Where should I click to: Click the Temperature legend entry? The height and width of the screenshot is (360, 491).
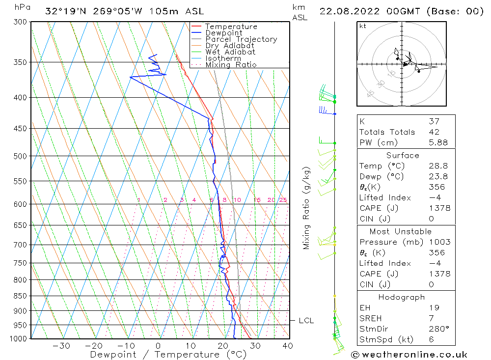click(231, 27)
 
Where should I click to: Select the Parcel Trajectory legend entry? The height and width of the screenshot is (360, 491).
click(241, 39)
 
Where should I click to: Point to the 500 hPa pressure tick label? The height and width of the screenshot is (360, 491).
click(21, 156)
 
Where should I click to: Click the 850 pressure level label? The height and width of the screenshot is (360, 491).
click(21, 296)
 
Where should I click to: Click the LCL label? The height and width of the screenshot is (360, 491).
click(306, 321)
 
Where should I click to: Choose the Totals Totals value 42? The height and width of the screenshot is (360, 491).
click(434, 132)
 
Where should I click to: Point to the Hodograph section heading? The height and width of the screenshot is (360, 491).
click(402, 297)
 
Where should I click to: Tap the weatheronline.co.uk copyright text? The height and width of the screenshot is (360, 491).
click(409, 354)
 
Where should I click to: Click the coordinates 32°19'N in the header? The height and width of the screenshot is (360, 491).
click(65, 11)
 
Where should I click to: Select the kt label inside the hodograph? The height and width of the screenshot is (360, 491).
click(363, 26)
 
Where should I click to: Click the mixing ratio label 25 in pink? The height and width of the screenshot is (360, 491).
click(283, 200)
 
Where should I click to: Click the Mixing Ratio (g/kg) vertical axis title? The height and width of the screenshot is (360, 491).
click(306, 208)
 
